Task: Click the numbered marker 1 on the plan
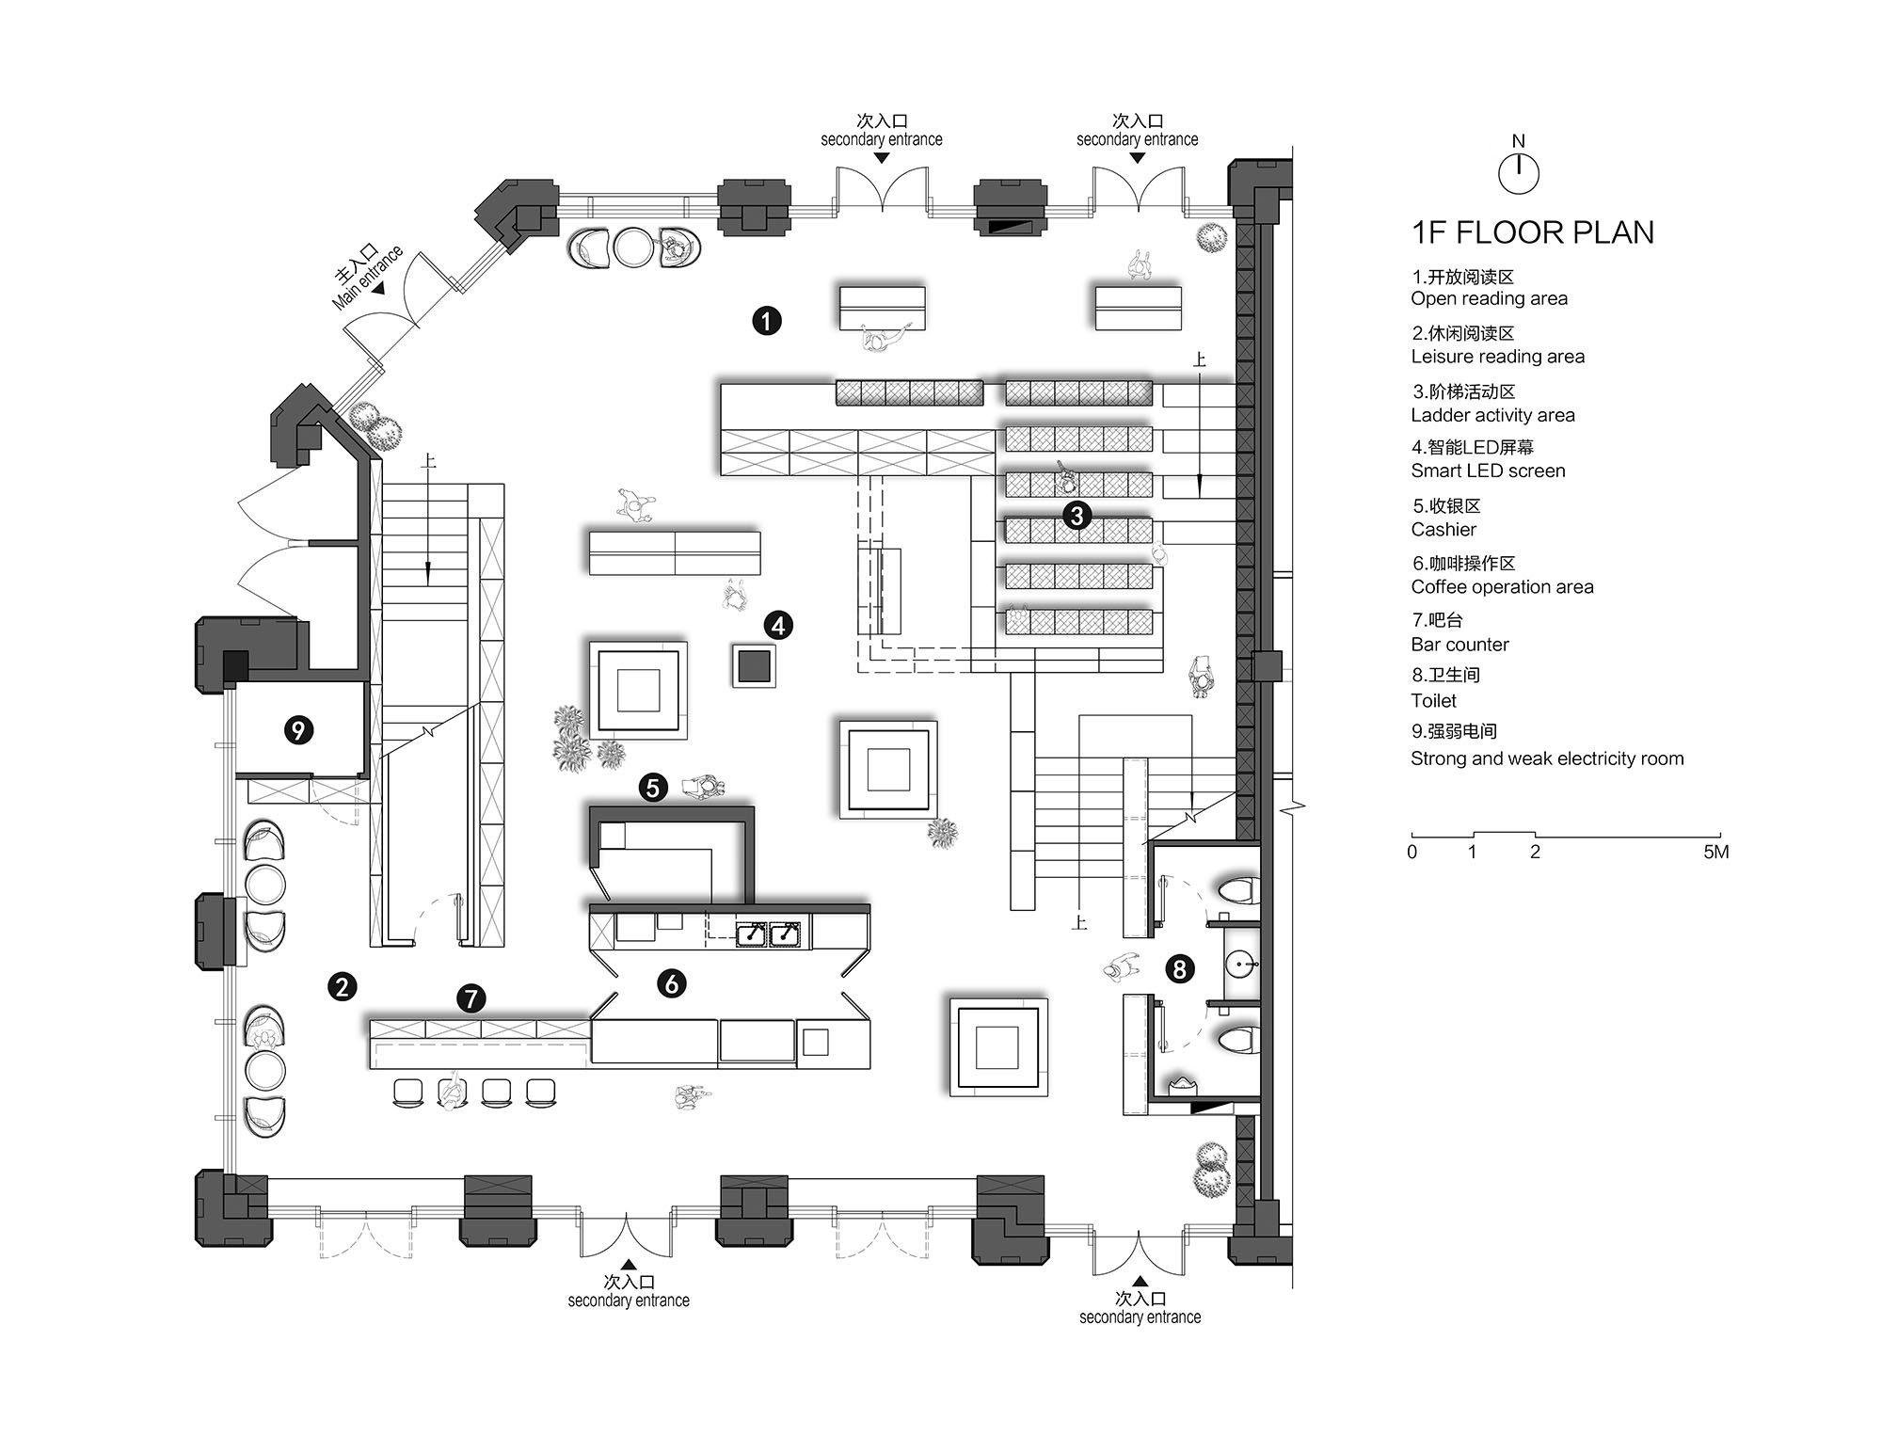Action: click(x=766, y=321)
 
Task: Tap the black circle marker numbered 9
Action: click(x=298, y=730)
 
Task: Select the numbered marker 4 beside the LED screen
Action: click(x=778, y=626)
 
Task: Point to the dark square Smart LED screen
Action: click(x=754, y=666)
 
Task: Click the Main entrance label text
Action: click(x=368, y=278)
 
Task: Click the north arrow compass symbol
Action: click(x=1518, y=172)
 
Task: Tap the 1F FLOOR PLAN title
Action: click(x=1532, y=232)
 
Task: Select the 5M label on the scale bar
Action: click(x=1715, y=853)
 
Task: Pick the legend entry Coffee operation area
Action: click(x=1502, y=587)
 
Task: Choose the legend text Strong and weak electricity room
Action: click(x=1547, y=758)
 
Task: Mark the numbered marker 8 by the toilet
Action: click(x=1179, y=968)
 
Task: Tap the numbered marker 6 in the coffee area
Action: click(x=671, y=984)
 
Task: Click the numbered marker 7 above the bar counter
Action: click(x=470, y=998)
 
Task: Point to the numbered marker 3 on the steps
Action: click(x=1077, y=515)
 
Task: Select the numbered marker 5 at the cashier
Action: click(x=653, y=788)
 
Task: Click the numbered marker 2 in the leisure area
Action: click(x=342, y=986)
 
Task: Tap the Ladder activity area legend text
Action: click(x=1492, y=415)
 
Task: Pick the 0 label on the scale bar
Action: click(x=1411, y=853)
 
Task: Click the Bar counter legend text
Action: click(x=1459, y=645)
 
